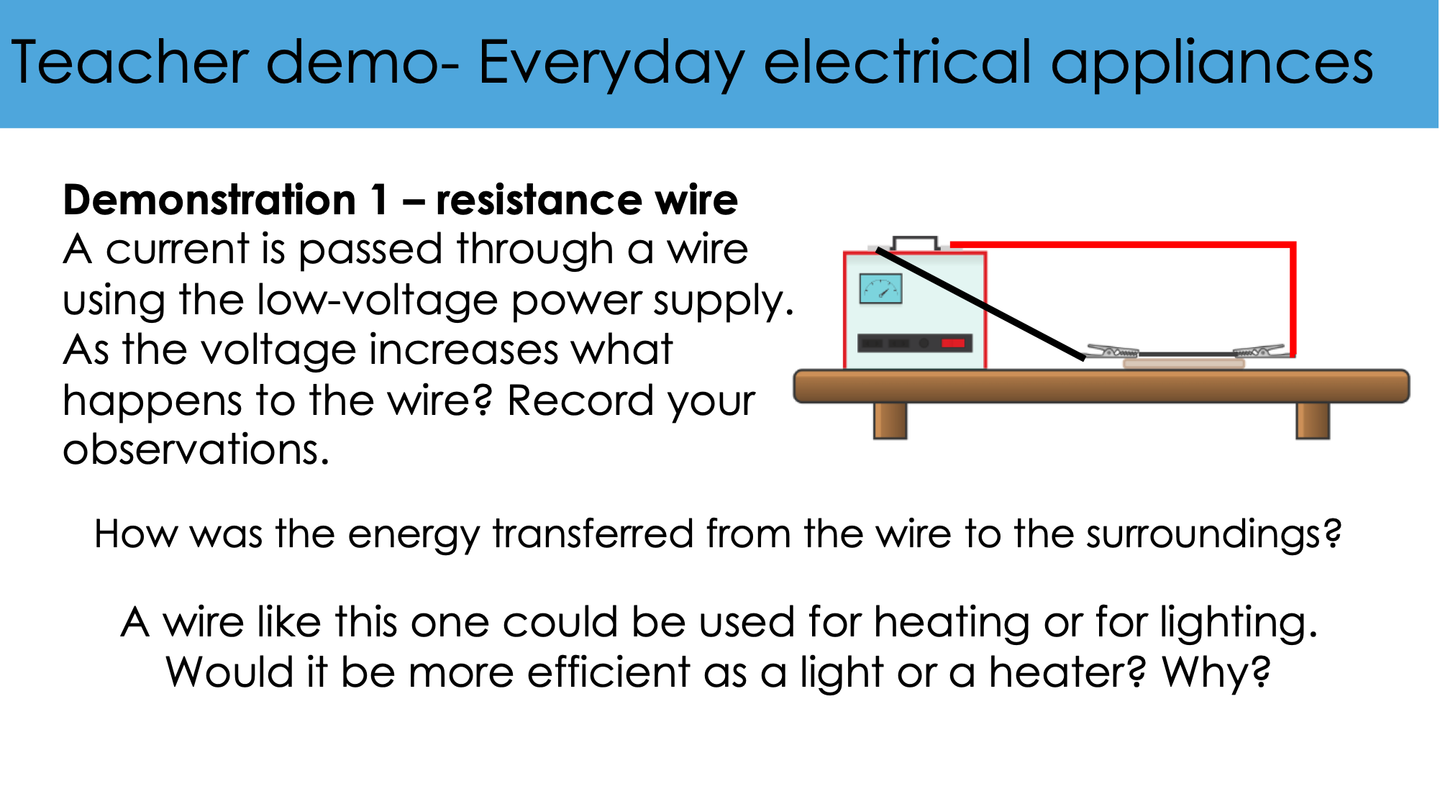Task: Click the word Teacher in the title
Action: tap(130, 63)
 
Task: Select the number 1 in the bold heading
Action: tap(378, 199)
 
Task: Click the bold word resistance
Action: tap(537, 200)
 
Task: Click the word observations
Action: tap(196, 451)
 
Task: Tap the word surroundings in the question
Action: tap(1213, 535)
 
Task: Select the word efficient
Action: tap(609, 672)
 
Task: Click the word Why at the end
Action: tap(1216, 672)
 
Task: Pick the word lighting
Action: tap(1238, 622)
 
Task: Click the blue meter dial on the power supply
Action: tap(880, 289)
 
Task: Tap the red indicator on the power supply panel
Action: tap(953, 343)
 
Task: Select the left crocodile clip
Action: tap(1112, 352)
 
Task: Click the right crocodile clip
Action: tap(1259, 352)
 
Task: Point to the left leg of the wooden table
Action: tap(890, 421)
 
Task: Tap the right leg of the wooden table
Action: tap(1313, 421)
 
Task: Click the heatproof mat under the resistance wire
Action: tap(1184, 364)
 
